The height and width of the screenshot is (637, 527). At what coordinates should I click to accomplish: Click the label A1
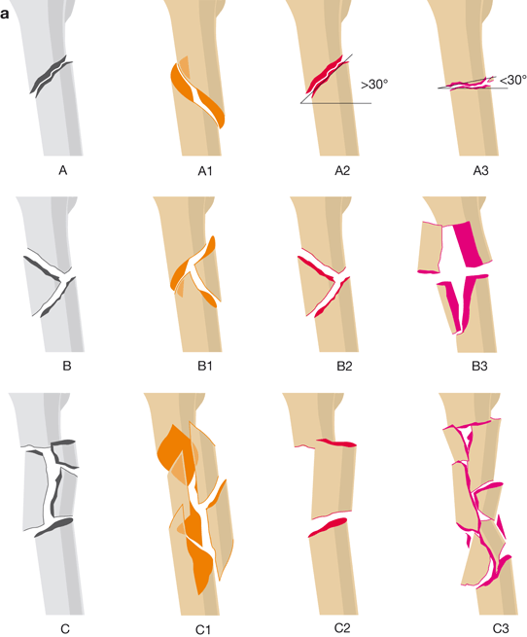(205, 171)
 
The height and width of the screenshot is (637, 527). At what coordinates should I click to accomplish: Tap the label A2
(342, 171)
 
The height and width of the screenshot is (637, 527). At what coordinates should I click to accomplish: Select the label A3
(480, 171)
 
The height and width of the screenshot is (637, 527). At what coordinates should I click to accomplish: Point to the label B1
(205, 367)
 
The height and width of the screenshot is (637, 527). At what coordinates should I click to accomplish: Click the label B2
(344, 367)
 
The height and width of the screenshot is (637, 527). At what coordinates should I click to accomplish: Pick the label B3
(479, 367)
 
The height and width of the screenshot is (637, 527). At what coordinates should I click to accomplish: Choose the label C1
(203, 629)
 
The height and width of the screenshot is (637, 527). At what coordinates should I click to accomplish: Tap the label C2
(342, 628)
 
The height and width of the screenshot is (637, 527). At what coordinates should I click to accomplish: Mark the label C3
(501, 629)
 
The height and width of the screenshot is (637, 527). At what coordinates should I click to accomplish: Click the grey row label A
(62, 170)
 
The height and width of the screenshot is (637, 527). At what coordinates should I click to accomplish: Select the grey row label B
(67, 366)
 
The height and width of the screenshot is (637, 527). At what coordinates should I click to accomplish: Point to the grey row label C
(65, 629)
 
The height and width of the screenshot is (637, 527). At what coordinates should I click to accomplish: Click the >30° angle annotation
(374, 85)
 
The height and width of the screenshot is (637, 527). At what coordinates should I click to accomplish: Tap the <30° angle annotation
(513, 80)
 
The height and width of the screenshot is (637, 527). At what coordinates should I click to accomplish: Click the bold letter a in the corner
(5, 15)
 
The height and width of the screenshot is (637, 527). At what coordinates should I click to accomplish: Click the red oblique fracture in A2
(328, 76)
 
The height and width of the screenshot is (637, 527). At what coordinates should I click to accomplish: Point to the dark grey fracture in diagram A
(52, 76)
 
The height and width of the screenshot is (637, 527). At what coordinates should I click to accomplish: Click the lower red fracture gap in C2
(328, 527)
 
